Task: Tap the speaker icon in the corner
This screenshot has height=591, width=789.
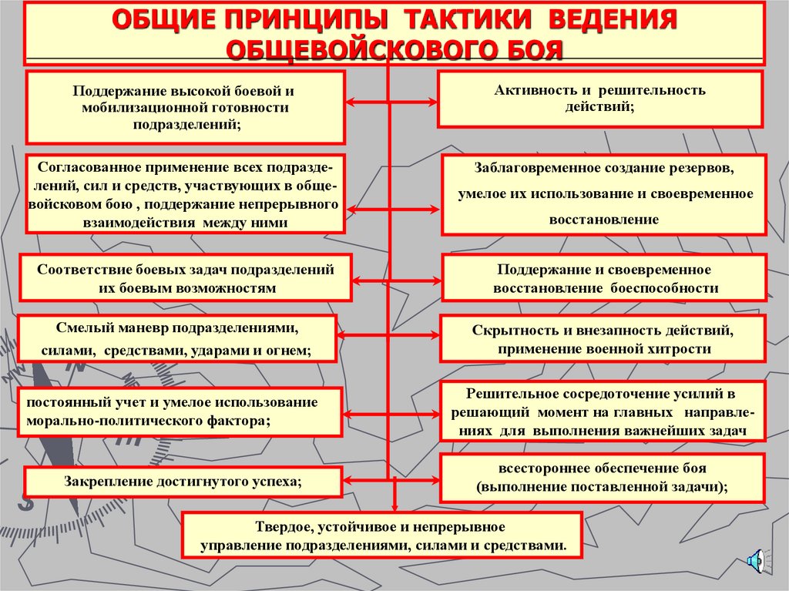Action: click(x=756, y=559)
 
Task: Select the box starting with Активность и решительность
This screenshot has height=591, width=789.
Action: click(x=599, y=99)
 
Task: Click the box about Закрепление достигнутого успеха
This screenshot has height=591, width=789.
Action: click(x=183, y=482)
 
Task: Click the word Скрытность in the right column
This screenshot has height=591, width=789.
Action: click(x=509, y=331)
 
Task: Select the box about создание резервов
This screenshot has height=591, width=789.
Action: click(x=604, y=193)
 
